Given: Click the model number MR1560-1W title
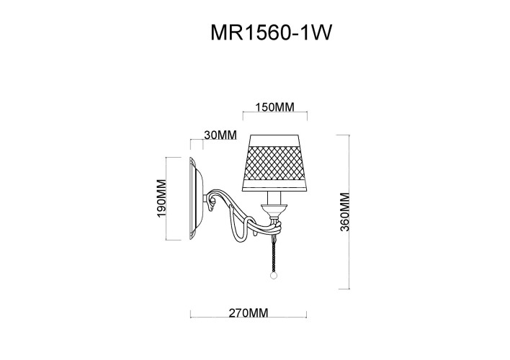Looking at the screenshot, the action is click(x=271, y=32).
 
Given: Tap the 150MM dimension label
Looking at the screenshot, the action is click(x=274, y=107).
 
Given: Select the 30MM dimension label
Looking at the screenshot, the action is click(x=220, y=135).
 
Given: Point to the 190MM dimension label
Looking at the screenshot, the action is click(x=161, y=199).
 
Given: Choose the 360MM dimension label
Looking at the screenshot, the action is click(x=344, y=212).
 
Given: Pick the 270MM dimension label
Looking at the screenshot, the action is click(x=249, y=313).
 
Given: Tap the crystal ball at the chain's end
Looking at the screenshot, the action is click(x=274, y=276).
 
